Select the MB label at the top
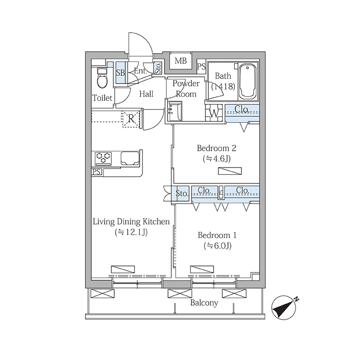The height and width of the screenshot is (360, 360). coord(180,61)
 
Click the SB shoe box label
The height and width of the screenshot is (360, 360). coord(120,73)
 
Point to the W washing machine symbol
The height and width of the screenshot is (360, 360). coord(214,113)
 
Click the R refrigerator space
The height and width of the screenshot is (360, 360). coord(131,119)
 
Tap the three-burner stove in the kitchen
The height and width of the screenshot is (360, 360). coord(103,158)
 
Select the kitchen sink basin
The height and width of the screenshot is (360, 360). coord(130,158)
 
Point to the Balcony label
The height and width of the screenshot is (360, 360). coord(204,303)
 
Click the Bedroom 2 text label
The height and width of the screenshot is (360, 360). coord(216,148)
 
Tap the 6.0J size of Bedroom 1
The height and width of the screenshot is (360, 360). coord(217,246)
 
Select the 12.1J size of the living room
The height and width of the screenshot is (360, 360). coord(131,232)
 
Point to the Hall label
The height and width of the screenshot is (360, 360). coord(146,94)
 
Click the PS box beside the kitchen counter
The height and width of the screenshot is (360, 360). coord(97,172)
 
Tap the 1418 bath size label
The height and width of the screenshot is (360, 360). coord(223,86)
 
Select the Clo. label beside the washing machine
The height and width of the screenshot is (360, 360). coord(241,109)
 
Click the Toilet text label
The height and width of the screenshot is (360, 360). coord(102,98)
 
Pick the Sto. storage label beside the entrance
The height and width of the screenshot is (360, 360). coord(158,68)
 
